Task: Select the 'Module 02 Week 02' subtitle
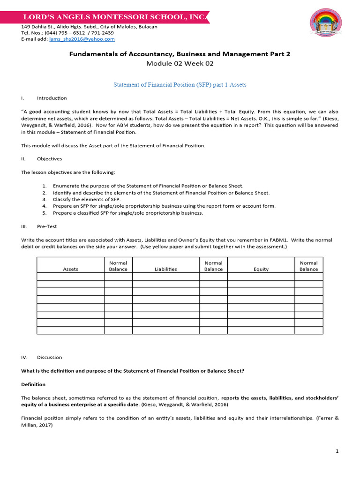coord(180,64)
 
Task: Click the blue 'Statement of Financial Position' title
coord(180,85)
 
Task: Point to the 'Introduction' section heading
coord(52,98)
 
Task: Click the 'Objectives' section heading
coord(49,159)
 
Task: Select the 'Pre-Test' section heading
coord(47,226)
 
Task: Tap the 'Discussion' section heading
coord(49,357)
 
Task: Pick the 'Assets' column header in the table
coord(70,269)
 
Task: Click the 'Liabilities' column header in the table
coord(166,269)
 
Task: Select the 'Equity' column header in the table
coord(261,269)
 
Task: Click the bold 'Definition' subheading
coord(34,384)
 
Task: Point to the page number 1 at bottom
coord(337,451)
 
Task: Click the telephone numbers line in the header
coord(67,33)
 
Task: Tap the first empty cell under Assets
coord(70,277)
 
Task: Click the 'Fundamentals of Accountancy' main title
coord(180,54)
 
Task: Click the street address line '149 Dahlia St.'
coord(89,27)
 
